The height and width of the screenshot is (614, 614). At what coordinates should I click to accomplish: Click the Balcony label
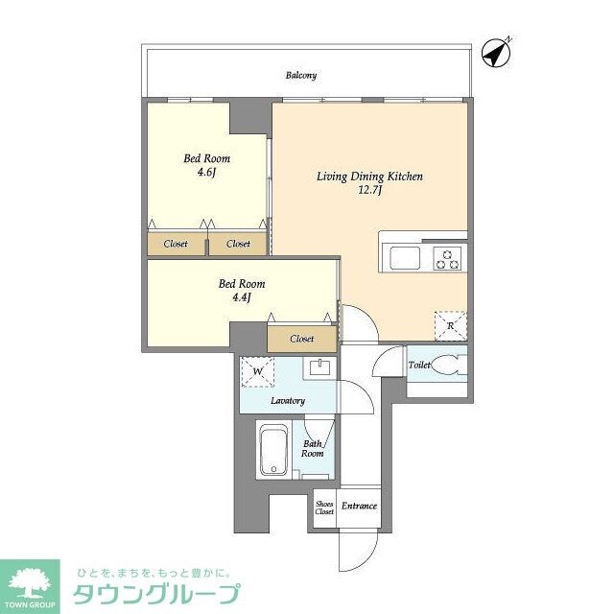click(x=300, y=75)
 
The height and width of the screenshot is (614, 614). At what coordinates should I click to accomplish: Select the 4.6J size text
click(x=206, y=173)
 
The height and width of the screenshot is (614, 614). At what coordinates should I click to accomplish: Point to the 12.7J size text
click(x=370, y=191)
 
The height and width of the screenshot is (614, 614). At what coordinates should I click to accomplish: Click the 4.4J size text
click(x=241, y=298)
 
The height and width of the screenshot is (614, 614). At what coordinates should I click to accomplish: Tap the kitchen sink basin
click(x=402, y=257)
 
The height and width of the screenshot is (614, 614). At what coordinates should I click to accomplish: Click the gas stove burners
click(x=447, y=257)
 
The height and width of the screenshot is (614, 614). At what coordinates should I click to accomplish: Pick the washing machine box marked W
click(x=257, y=371)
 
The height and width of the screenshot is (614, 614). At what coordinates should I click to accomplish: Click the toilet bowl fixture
click(x=448, y=365)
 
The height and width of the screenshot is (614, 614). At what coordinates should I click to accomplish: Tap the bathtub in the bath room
click(x=273, y=451)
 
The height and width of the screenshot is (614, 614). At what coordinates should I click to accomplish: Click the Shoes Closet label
click(x=324, y=508)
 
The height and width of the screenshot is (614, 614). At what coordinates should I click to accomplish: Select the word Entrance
click(x=359, y=507)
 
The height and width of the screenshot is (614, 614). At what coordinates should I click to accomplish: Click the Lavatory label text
click(x=288, y=400)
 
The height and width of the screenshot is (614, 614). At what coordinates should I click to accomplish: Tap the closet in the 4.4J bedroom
click(x=301, y=338)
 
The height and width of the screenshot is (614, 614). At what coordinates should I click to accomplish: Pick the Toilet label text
click(x=419, y=366)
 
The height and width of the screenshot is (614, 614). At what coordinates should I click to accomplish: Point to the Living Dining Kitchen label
click(x=370, y=177)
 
